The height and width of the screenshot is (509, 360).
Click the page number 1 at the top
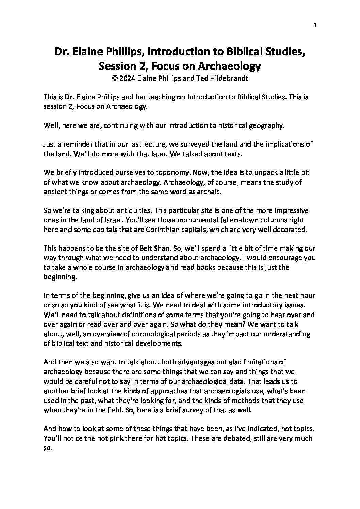[316, 26]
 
